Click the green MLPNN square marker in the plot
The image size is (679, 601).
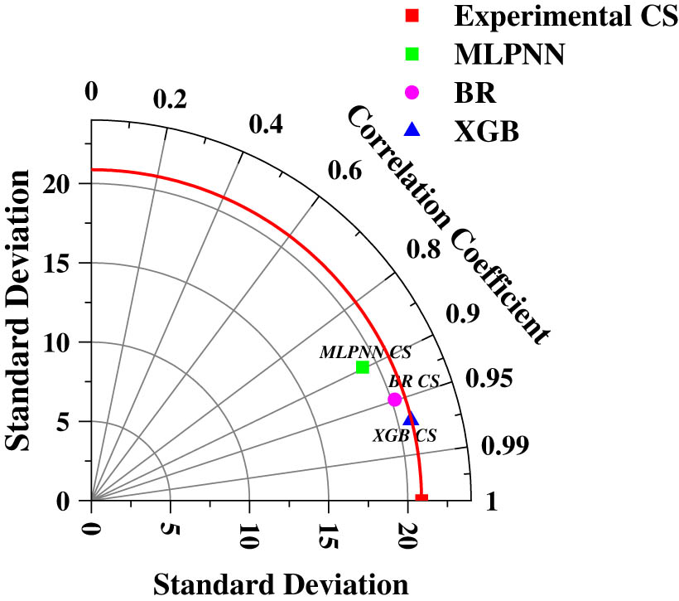pos(362,367)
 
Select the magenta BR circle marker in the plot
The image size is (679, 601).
pos(395,400)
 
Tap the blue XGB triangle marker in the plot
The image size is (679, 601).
pos(411,419)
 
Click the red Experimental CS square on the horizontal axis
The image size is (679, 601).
pos(421,498)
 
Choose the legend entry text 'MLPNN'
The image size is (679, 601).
pos(509,55)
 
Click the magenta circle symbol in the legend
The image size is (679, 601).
pos(412,92)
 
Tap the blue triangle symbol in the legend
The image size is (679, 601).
pos(412,129)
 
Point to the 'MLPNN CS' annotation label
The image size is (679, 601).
pos(365,352)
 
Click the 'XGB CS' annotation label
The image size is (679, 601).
pos(405,435)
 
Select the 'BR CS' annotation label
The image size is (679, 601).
pos(414,382)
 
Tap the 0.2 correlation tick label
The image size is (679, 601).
pos(171,99)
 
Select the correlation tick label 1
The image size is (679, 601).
pos(492,501)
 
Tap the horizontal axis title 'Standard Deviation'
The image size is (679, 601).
pos(282,583)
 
